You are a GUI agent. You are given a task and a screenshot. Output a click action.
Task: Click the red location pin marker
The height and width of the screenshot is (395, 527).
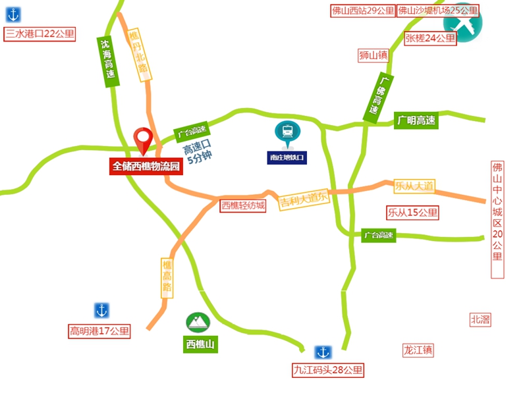(x=143, y=139)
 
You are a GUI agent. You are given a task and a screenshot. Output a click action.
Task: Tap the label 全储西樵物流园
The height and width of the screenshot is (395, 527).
(x=146, y=167)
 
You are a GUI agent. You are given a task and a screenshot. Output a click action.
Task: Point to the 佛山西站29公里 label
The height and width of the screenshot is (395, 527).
(x=362, y=11)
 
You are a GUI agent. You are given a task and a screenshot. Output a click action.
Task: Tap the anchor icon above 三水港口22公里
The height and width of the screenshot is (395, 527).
(x=13, y=13)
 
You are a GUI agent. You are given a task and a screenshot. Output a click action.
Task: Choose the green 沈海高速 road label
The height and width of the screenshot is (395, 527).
(x=107, y=61)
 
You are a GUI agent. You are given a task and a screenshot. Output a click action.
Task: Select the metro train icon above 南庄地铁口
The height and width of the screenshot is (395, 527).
(x=287, y=132)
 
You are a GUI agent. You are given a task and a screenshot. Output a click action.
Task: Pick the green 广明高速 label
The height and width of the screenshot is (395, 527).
(x=416, y=120)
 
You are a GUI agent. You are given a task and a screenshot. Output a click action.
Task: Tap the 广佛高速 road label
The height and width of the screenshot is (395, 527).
(x=376, y=97)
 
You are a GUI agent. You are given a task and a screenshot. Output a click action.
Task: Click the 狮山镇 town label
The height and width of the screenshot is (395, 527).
(x=374, y=55)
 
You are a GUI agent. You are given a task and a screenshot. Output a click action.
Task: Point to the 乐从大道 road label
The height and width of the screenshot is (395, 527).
(x=414, y=186)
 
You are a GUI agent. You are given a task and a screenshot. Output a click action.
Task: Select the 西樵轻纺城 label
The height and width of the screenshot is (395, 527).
(x=243, y=206)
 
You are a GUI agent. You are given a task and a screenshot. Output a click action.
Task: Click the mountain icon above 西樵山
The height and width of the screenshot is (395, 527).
(x=198, y=321)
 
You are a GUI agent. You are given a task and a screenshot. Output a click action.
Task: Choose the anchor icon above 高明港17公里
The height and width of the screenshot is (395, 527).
(x=101, y=310)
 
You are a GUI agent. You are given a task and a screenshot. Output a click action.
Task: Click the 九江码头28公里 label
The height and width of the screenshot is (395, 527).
(x=328, y=370)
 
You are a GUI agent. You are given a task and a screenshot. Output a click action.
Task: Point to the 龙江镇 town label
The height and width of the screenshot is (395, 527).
(x=418, y=350)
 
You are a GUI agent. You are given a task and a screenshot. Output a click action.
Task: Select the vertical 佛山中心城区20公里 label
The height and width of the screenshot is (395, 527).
(x=497, y=220)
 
